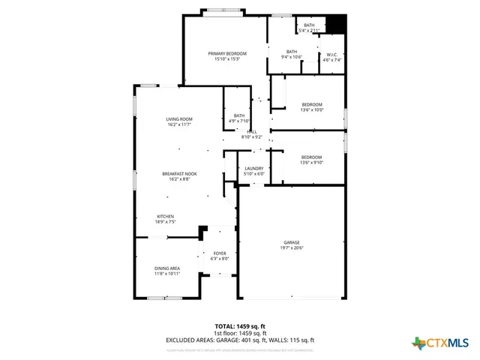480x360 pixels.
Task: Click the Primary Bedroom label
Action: tap(227, 56)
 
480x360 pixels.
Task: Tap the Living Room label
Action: tap(179, 121)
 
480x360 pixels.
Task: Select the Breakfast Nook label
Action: tap(179, 176)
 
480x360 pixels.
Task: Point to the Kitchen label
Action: tap(165, 219)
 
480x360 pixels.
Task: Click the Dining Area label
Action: tap(167, 271)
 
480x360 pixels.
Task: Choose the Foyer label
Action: tap(220, 256)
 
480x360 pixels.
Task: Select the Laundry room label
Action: tap(254, 172)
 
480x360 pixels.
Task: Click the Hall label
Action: tap(252, 134)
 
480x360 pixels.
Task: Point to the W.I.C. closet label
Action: tap(331, 57)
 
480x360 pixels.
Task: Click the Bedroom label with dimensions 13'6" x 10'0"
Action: tap(311, 106)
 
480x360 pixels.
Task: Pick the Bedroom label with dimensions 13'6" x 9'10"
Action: tap(311, 160)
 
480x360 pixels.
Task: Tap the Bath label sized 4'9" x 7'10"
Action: tap(238, 118)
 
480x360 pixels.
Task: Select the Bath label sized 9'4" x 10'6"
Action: tap(291, 54)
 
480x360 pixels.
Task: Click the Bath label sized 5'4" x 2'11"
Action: tap(309, 28)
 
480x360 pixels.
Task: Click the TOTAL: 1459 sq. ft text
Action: tap(240, 326)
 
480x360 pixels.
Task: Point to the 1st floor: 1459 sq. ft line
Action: tap(240, 333)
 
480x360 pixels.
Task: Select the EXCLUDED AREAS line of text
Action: tap(240, 340)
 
